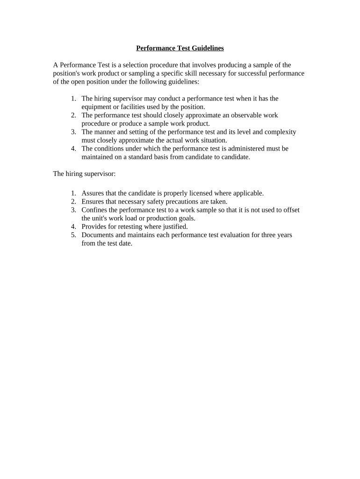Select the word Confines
(94, 210)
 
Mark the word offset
(291, 210)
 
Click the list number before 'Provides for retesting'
(73, 227)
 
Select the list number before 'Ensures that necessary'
(73, 202)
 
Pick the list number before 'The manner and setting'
(73, 132)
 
